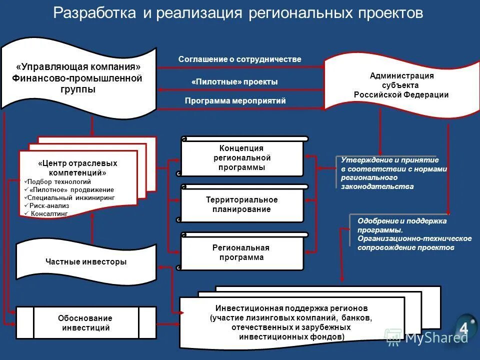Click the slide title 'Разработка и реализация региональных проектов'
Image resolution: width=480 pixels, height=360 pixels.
(x=238, y=13)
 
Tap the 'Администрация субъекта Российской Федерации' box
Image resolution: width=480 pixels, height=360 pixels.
(x=401, y=85)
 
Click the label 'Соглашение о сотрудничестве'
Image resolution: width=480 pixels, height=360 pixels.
(x=240, y=59)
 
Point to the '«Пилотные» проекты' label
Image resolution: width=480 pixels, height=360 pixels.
(x=234, y=81)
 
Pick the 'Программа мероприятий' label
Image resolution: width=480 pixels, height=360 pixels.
(x=235, y=101)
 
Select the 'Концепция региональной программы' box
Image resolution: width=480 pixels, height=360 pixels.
(x=242, y=157)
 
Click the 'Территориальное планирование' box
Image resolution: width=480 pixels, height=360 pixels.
(x=242, y=204)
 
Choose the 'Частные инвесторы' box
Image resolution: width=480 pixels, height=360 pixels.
(x=86, y=261)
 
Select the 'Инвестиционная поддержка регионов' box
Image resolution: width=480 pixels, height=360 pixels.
(x=292, y=322)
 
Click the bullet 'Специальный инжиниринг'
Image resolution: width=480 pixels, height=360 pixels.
(x=71, y=197)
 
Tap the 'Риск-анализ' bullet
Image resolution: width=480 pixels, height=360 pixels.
(x=49, y=205)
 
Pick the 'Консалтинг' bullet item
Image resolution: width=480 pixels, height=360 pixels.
(x=49, y=213)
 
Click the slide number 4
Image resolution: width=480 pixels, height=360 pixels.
(x=463, y=328)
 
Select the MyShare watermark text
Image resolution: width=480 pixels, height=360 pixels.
(x=436, y=337)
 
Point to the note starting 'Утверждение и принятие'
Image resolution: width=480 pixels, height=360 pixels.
(x=393, y=173)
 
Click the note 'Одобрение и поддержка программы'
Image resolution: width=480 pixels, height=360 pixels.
(x=414, y=234)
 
